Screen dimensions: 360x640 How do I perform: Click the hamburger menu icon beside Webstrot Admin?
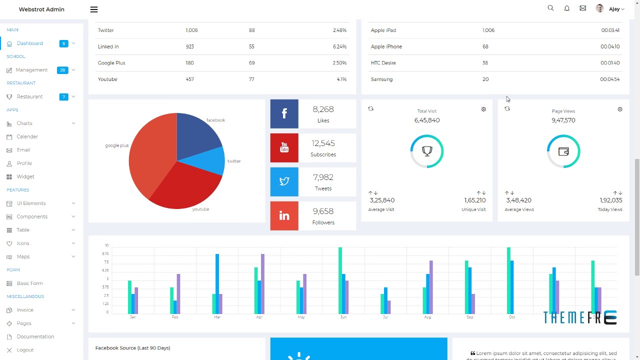(94, 9)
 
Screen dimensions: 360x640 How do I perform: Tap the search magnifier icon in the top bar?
(550, 8)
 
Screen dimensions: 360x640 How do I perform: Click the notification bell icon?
(566, 8)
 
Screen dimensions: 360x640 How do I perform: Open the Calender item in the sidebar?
(27, 136)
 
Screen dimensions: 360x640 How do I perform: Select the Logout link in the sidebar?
(25, 350)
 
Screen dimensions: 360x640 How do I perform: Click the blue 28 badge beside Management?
(62, 70)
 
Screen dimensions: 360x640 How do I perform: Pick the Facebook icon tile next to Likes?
(284, 113)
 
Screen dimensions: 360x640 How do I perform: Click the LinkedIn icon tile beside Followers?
(284, 216)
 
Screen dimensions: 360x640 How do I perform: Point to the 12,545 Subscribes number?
(323, 143)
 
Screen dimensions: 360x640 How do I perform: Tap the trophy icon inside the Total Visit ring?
(427, 150)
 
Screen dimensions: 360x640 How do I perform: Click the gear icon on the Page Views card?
(620, 109)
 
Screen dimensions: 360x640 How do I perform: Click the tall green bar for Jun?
(340, 280)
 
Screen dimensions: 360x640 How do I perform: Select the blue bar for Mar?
(217, 283)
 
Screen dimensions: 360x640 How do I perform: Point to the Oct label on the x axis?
(511, 317)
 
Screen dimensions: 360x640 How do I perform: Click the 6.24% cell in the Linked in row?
(339, 46)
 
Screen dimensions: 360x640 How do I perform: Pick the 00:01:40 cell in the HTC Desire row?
(610, 63)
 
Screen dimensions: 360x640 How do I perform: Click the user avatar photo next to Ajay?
(599, 8)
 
